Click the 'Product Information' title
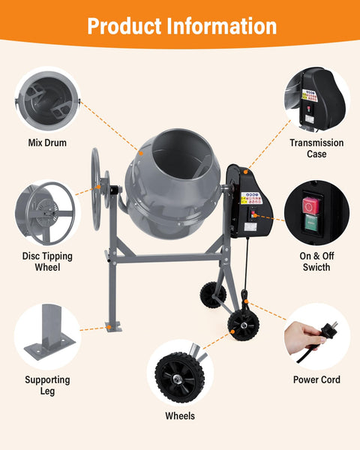(181, 25)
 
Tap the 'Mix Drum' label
(48, 142)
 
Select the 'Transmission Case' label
(316, 148)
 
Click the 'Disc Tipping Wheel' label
(46, 262)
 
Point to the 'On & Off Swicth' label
(316, 261)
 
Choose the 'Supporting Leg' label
(47, 385)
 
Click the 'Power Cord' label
(316, 379)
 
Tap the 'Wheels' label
(180, 415)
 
